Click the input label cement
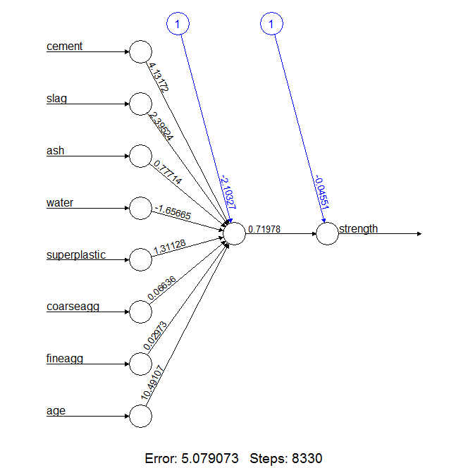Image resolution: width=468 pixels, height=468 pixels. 64,47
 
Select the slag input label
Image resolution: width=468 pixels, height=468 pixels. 56,99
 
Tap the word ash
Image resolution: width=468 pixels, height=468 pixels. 55,151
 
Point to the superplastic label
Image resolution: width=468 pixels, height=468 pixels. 76,254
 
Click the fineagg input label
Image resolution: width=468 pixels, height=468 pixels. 65,359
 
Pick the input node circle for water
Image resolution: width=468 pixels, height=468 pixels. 140,209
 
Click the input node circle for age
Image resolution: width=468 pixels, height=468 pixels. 140,416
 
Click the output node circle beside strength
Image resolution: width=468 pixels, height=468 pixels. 327,234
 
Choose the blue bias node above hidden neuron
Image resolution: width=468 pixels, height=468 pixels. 178,25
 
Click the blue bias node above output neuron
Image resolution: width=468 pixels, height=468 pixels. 271,25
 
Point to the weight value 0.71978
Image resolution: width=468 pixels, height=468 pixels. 265,229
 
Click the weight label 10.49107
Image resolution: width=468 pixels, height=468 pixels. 154,384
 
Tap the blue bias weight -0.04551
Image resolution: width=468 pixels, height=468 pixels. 322,191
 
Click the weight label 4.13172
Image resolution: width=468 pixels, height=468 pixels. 158,77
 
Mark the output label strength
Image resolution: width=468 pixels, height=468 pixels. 358,228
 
